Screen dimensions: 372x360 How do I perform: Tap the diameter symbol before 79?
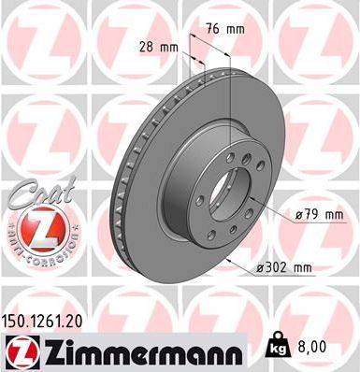click(298, 217)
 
